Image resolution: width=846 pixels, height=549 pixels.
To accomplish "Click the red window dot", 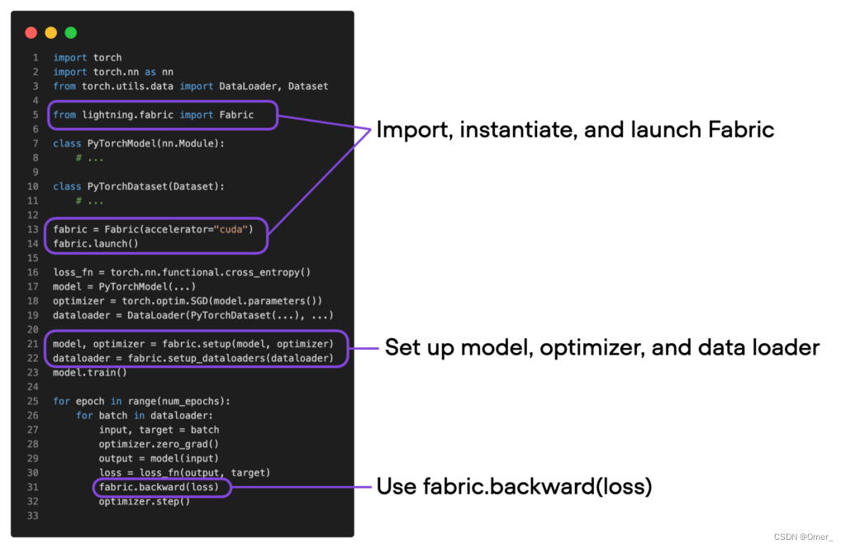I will click(31, 33).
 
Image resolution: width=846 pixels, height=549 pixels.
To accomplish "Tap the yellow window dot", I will click(51, 33).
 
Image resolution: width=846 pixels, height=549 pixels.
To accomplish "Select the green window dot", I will click(71, 33).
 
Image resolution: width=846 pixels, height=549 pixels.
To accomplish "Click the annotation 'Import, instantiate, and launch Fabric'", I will click(575, 129).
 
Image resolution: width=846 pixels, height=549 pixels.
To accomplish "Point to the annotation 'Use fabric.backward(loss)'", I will click(514, 486).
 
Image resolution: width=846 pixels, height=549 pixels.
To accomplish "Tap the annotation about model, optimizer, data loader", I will click(601, 347).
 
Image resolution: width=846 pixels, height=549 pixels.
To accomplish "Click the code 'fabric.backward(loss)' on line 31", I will click(159, 487).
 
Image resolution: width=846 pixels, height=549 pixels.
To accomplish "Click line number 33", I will click(33, 516).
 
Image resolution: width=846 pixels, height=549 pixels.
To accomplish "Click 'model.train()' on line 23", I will click(90, 372).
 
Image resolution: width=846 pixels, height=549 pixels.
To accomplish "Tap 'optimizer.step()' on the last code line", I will click(144, 501).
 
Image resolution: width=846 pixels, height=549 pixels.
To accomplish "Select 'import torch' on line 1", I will click(88, 57).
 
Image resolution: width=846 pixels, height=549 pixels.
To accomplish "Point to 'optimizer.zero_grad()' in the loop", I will click(159, 444).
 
